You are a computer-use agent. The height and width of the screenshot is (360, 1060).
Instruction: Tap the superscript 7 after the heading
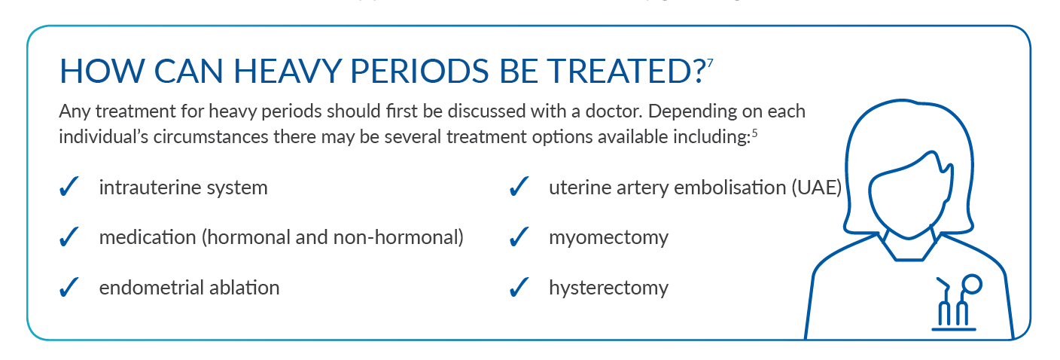click(x=710, y=62)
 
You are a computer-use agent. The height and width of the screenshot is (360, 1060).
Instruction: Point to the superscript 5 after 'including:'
click(x=754, y=136)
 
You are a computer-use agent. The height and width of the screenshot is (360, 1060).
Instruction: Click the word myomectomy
click(x=608, y=238)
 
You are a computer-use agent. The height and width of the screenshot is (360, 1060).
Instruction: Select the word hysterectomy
click(x=608, y=288)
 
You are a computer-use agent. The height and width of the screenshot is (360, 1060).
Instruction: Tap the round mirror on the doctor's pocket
click(x=973, y=284)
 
